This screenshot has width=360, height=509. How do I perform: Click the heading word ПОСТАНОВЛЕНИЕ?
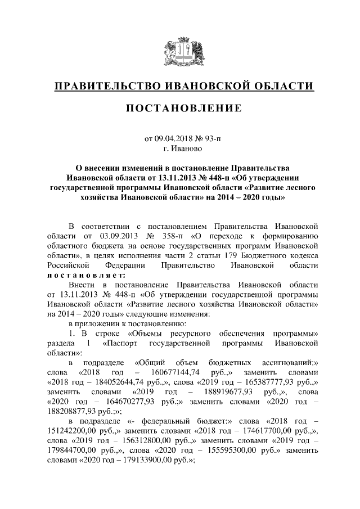tap(179, 107)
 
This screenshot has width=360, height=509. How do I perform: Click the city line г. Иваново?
tap(179, 149)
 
